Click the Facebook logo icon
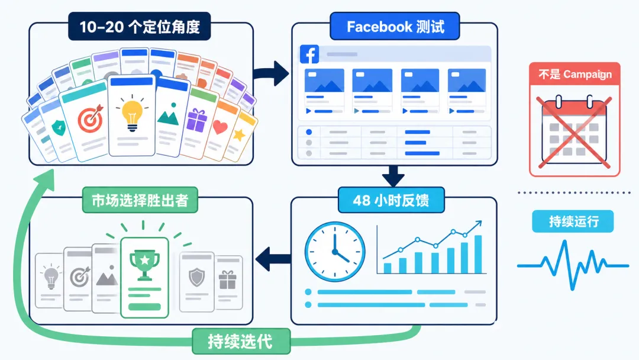point(309,54)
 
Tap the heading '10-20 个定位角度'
point(140,27)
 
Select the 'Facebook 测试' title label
point(395,27)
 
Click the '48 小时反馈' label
point(391,200)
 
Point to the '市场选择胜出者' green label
point(140,200)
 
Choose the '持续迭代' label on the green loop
point(241,341)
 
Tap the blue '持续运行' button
point(573,221)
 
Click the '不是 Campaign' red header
point(575,74)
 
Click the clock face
point(335,252)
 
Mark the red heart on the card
point(220,127)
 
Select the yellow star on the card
point(239,134)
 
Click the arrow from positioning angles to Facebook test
point(271,73)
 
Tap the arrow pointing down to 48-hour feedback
point(393,176)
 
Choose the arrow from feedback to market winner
point(273,259)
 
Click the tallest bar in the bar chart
point(478,254)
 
